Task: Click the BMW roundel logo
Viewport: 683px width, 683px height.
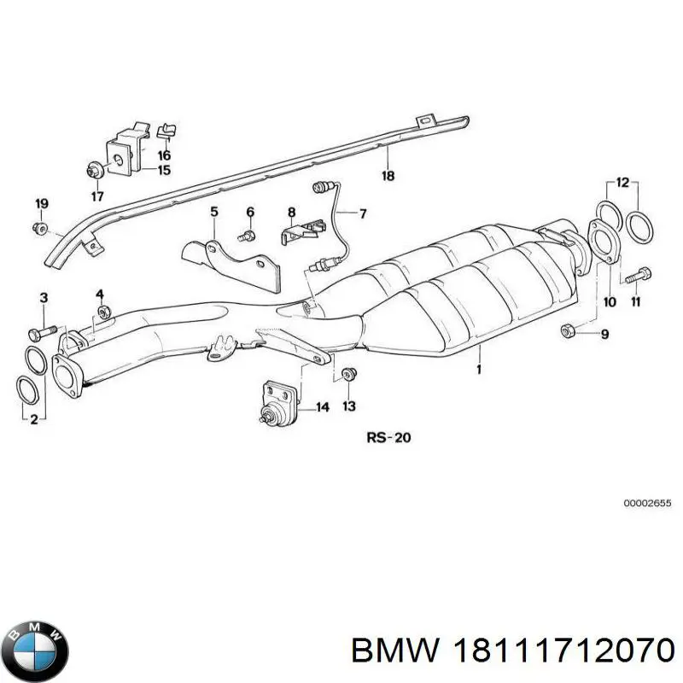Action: pyautogui.click(x=35, y=636)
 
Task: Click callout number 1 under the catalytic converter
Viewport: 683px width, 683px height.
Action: pyautogui.click(x=479, y=369)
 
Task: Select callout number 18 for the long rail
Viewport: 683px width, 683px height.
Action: pyautogui.click(x=388, y=176)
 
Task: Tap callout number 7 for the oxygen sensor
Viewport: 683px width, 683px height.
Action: pyautogui.click(x=362, y=213)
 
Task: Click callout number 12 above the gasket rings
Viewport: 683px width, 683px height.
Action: pyautogui.click(x=622, y=182)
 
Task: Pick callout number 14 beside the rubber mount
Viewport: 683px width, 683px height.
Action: pyautogui.click(x=322, y=407)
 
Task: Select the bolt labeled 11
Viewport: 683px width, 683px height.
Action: pyautogui.click(x=639, y=277)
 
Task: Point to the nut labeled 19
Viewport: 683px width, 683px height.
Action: pyautogui.click(x=40, y=227)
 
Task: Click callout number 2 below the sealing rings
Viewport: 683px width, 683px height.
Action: pyautogui.click(x=34, y=419)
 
